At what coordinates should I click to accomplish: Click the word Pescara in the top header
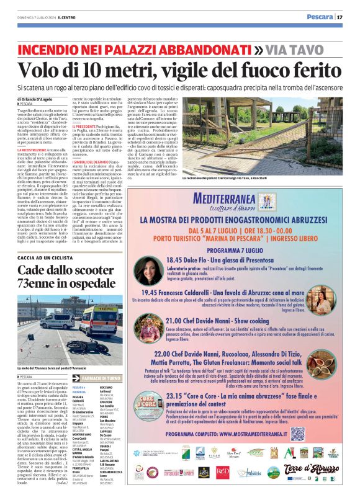(319, 17)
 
